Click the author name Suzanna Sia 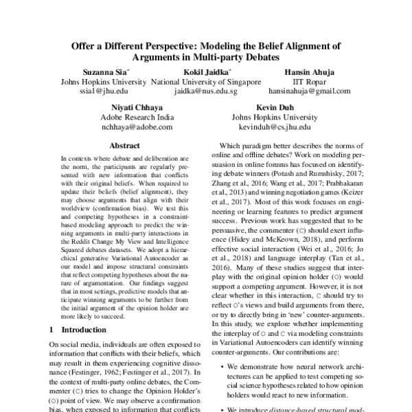tap(102, 71)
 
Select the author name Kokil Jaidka tap(205, 71)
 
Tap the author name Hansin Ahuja tap(309, 71)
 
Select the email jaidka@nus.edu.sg tap(205, 91)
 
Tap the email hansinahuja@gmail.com tap(309, 91)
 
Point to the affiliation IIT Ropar tap(309, 81)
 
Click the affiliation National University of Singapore tap(205, 81)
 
